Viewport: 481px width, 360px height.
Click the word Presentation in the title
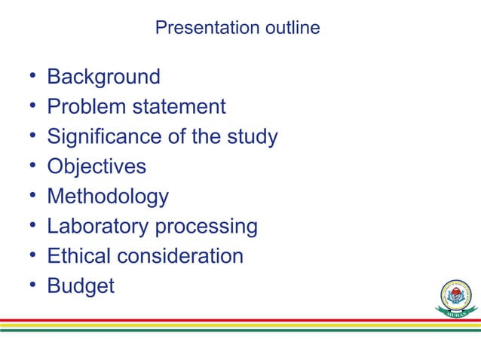[199, 29]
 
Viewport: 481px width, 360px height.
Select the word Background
[103, 77]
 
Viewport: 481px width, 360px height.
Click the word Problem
[86, 107]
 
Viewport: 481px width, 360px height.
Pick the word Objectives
[97, 166]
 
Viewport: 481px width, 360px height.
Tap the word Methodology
[108, 197]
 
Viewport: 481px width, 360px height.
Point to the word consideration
[181, 256]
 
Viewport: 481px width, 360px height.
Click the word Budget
[81, 286]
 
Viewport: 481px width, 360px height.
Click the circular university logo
[457, 295]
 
